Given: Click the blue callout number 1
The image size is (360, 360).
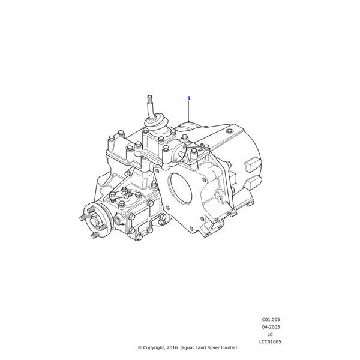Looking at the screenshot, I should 188,98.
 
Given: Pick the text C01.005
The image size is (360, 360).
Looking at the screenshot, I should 271,320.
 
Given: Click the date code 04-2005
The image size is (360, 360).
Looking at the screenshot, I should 271,327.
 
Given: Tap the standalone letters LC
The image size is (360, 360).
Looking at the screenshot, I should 270,334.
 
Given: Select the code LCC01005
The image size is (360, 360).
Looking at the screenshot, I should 270,341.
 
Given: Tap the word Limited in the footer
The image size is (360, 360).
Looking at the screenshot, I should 229,347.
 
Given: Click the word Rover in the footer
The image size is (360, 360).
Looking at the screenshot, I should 211,347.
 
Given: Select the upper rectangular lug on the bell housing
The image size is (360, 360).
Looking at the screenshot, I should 253,163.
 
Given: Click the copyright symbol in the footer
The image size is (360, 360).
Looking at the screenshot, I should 139,347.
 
